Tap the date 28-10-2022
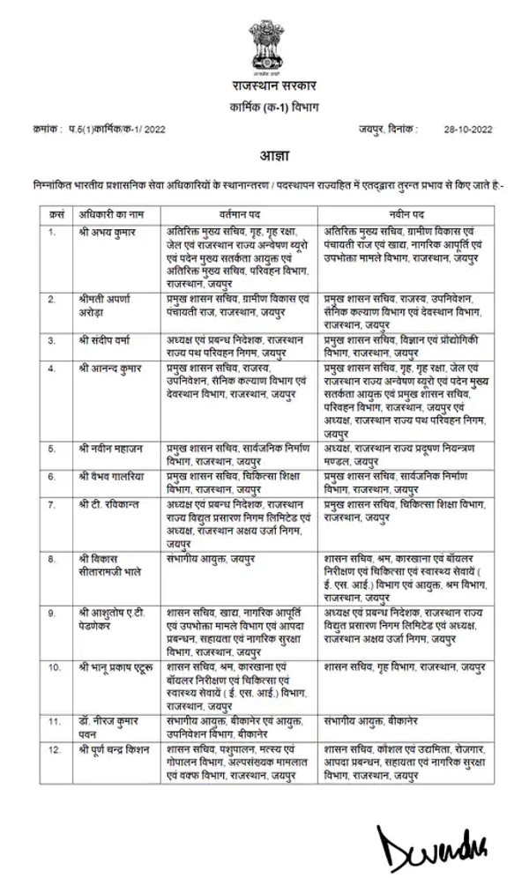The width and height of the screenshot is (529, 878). pyautogui.click(x=468, y=129)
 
